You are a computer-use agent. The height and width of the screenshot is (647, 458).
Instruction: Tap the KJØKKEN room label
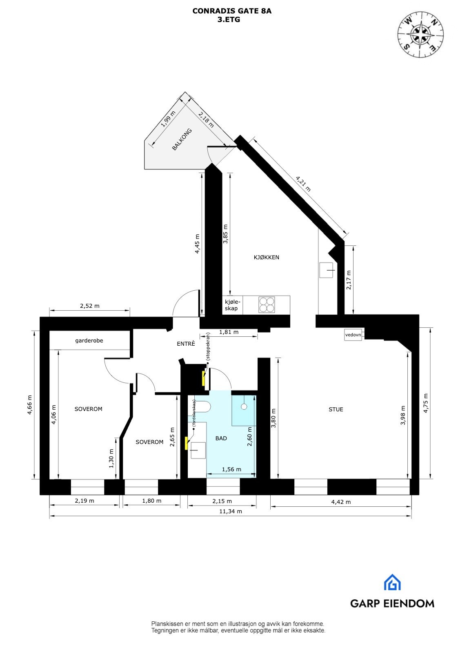pyautogui.click(x=266, y=257)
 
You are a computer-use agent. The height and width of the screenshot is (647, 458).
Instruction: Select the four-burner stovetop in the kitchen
pyautogui.click(x=267, y=305)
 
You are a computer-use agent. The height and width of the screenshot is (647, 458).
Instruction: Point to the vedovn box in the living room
pyautogui.click(x=353, y=335)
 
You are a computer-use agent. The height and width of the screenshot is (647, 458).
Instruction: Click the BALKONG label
pyautogui.click(x=182, y=140)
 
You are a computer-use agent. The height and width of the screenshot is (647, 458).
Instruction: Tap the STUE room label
pyautogui.click(x=336, y=409)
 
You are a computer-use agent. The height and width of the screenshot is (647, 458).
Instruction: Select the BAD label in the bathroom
pyautogui.click(x=221, y=438)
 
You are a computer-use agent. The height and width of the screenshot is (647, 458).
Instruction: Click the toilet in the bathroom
pyautogui.click(x=202, y=407)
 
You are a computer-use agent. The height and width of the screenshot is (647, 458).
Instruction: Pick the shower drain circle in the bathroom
pyautogui.click(x=244, y=406)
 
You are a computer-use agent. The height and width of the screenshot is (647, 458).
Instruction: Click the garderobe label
pyautogui.click(x=89, y=340)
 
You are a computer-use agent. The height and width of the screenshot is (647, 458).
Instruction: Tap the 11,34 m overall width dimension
pyautogui.click(x=231, y=511)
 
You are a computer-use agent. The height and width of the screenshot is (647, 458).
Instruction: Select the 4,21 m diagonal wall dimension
pyautogui.click(x=303, y=183)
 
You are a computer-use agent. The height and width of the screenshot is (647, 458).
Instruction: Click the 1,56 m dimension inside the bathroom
pyautogui.click(x=231, y=469)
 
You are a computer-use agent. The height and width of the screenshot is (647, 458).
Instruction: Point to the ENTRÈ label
pyautogui.click(x=186, y=344)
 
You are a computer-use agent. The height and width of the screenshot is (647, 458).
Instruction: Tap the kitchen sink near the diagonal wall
pyautogui.click(x=327, y=270)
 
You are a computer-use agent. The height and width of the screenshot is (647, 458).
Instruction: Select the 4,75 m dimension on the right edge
pyautogui.click(x=426, y=403)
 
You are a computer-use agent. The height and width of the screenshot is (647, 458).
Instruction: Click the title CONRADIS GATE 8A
pyautogui.click(x=232, y=11)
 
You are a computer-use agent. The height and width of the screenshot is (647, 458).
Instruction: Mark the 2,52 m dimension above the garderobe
pyautogui.click(x=89, y=305)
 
